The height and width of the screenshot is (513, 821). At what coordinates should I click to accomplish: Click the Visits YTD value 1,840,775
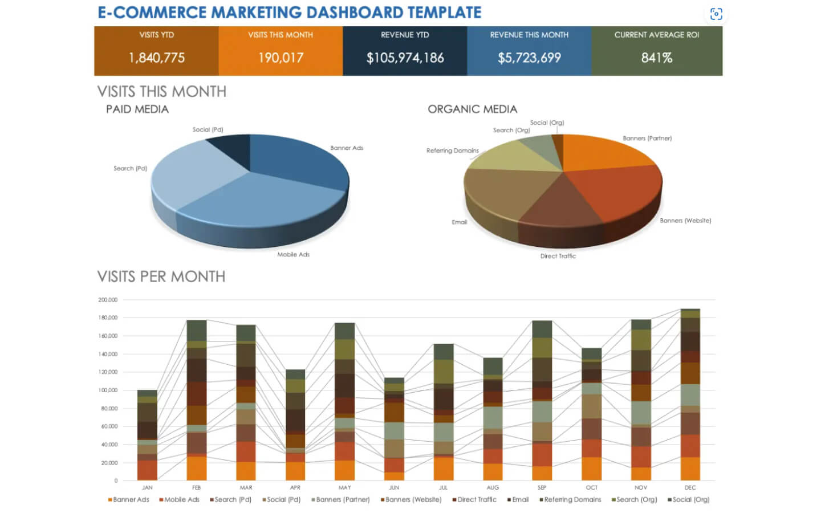(157, 58)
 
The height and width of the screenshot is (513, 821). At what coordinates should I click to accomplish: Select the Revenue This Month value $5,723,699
(529, 58)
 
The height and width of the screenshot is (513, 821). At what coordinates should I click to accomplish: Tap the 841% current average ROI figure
(656, 58)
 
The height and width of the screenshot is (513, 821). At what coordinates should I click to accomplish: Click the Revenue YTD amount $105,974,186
(405, 58)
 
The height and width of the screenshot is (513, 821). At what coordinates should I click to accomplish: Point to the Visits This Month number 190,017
(281, 58)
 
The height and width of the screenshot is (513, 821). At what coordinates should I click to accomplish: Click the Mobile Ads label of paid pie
(293, 255)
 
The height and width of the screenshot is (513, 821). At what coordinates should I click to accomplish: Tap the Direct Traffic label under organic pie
(558, 256)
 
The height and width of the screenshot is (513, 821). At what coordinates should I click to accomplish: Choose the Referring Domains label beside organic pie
(452, 151)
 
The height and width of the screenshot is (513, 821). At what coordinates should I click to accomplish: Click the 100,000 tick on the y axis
(108, 390)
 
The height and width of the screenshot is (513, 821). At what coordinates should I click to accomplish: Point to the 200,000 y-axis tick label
(108, 300)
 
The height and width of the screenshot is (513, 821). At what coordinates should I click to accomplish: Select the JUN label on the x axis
(394, 488)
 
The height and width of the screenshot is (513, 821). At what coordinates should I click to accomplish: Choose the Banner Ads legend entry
(128, 500)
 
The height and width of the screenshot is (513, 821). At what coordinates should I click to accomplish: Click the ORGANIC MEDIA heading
(472, 109)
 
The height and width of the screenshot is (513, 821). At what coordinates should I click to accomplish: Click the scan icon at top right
(716, 14)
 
